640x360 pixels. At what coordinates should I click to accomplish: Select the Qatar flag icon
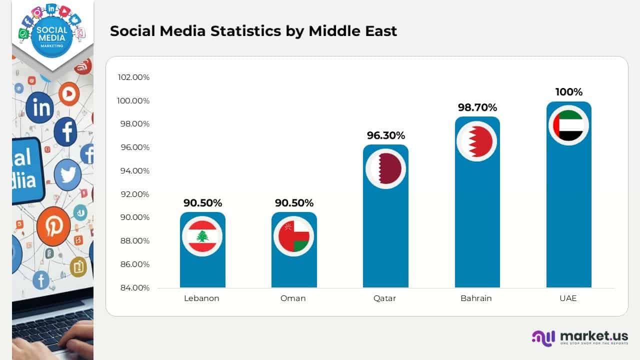tap(385, 168)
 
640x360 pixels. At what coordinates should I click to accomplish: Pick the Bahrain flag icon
tap(477, 141)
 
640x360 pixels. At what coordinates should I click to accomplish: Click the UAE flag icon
tap(568, 125)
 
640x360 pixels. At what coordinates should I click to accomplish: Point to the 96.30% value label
tap(385, 135)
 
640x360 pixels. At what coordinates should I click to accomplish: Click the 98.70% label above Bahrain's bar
tap(477, 107)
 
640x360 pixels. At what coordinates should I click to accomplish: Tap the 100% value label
tap(569, 92)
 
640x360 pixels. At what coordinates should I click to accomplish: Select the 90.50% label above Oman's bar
tap(294, 203)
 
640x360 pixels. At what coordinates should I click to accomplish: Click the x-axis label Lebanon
tap(201, 298)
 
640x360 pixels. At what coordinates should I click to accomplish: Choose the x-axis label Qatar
tap(384, 298)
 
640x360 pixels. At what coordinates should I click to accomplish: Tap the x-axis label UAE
tap(568, 298)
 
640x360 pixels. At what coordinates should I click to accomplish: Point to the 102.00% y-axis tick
tap(133, 77)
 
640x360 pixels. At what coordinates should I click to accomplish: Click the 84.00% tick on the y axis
tap(133, 287)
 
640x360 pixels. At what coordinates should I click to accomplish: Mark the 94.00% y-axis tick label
tap(133, 171)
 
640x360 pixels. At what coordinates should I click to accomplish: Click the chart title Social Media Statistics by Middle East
tap(253, 31)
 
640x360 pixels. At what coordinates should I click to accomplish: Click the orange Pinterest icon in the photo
tap(53, 226)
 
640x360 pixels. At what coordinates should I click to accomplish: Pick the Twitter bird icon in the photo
tap(67, 175)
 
